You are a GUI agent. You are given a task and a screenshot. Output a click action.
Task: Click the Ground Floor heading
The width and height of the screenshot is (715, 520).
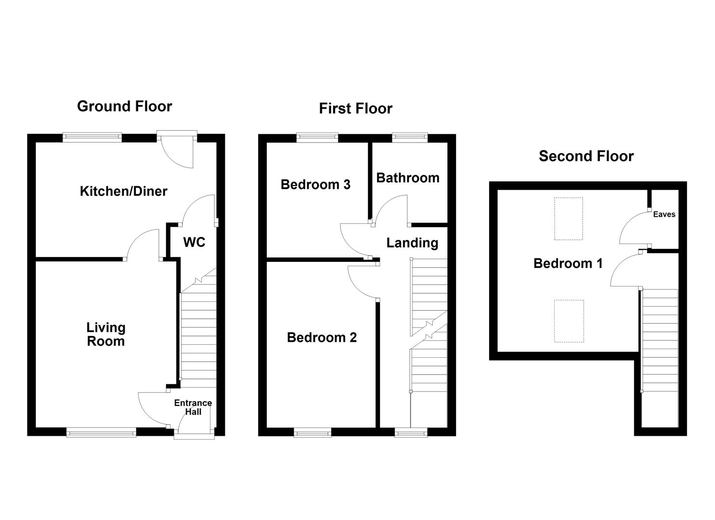point(124,106)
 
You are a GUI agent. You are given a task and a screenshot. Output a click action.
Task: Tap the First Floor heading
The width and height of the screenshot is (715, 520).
point(355,109)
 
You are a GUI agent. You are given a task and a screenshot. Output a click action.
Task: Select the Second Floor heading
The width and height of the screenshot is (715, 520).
point(586,156)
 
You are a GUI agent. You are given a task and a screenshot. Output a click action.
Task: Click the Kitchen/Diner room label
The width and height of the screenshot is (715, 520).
point(123,191)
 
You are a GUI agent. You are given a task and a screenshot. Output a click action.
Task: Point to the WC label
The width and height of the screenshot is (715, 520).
point(194,242)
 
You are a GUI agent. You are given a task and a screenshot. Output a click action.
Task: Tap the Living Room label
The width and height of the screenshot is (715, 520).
point(105,334)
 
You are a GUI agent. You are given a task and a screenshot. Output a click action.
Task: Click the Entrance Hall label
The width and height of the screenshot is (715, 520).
point(193,407)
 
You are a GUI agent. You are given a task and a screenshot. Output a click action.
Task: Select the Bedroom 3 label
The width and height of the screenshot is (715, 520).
point(315,184)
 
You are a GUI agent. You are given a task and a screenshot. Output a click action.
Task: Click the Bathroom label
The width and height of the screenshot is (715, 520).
point(407,178)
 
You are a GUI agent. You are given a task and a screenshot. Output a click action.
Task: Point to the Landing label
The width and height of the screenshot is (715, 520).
point(412,243)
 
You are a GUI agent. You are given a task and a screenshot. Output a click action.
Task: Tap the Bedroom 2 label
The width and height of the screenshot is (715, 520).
point(322,338)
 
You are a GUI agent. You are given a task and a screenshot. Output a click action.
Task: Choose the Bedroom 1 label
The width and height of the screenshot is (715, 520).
point(568,263)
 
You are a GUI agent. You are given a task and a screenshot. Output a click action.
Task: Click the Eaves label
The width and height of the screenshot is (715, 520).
point(664,214)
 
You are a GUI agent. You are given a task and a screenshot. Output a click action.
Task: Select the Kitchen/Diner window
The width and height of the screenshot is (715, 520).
point(92,138)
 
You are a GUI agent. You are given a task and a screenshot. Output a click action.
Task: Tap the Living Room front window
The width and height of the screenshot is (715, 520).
point(101,432)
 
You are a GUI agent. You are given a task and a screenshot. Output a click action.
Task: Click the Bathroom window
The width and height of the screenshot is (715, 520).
point(410,138)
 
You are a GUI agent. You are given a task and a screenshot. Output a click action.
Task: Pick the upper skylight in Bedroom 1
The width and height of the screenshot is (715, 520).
point(568,219)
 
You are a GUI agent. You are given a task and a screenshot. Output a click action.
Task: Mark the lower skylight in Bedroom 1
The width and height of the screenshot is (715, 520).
point(569,321)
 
